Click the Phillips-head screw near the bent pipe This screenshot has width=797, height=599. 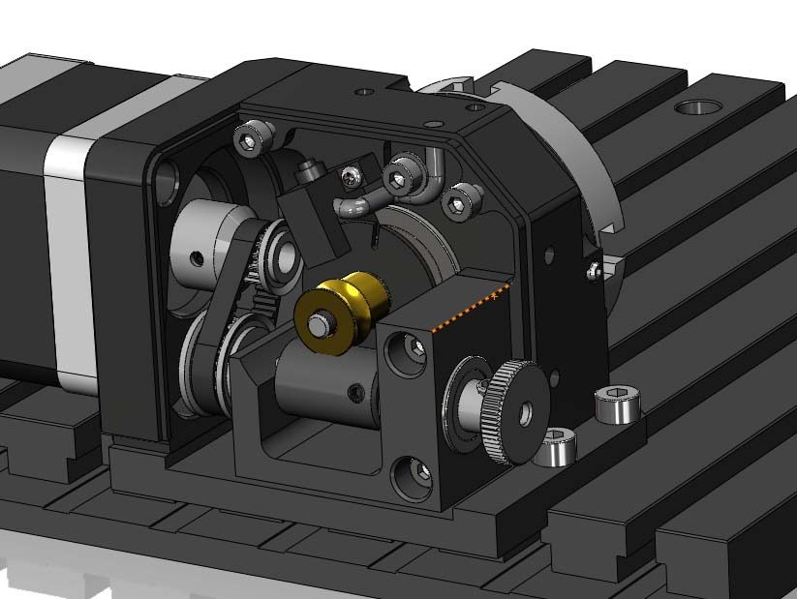[350, 176]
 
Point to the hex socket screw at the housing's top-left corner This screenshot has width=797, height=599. [251, 141]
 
